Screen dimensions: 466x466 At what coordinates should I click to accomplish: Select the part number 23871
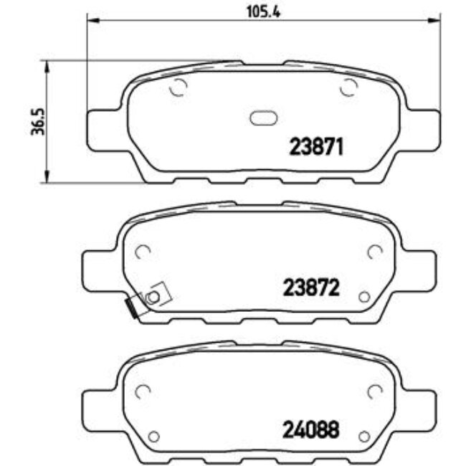[x=317, y=147]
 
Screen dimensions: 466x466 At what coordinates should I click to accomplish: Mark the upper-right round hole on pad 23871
[x=349, y=88]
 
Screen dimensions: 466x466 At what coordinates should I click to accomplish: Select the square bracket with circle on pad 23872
[x=153, y=295]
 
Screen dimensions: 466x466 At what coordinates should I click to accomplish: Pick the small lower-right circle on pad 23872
[x=363, y=297]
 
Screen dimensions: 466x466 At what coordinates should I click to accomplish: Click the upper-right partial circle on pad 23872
[x=374, y=252]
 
